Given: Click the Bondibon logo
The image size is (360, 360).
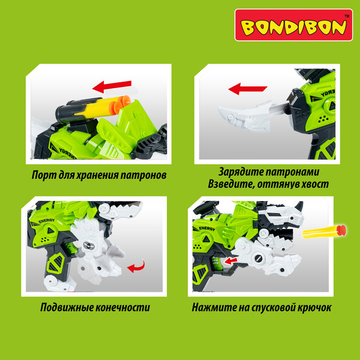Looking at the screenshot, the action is point(293,25).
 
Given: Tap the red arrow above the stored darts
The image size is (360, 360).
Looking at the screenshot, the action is point(112,86).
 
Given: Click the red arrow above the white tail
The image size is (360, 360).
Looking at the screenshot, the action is point(248,89).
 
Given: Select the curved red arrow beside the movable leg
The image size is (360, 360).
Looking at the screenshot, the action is point(136,266).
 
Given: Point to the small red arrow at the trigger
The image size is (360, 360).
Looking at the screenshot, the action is point(231,260).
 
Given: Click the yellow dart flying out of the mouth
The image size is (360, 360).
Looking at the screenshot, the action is point(324,231).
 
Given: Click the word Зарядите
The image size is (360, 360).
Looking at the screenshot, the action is point(239,172).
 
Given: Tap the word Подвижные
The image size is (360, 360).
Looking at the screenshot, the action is point(66,307).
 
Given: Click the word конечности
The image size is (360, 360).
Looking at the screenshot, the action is point(122,307).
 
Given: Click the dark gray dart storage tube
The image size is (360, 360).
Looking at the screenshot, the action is point(76,110).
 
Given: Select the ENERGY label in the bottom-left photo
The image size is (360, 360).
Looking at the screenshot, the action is point(47,221).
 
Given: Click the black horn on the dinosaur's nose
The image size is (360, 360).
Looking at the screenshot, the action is point(299,206).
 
